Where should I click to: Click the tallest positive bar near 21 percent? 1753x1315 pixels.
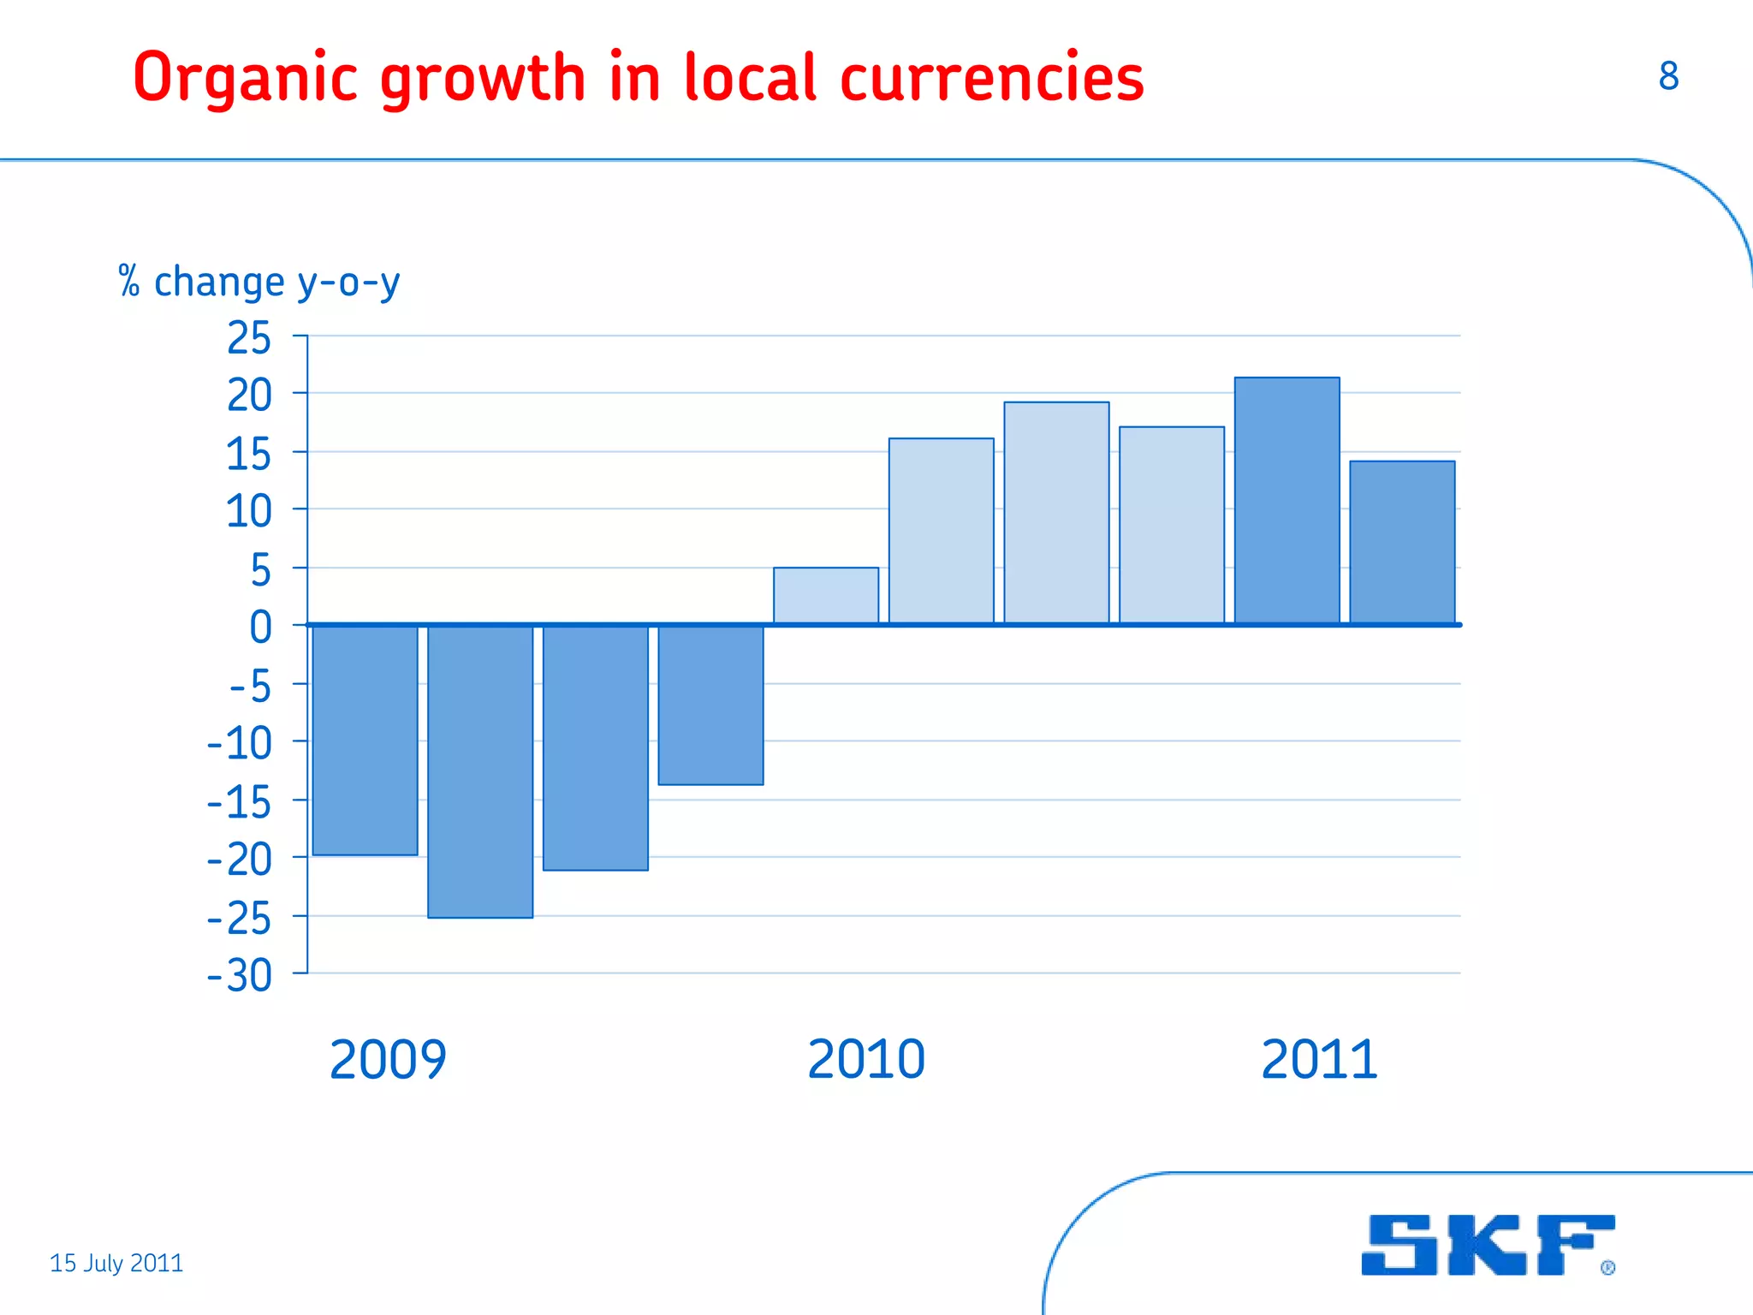click(1287, 501)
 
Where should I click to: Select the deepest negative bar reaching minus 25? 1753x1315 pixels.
click(480, 771)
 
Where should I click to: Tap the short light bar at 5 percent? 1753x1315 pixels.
click(826, 596)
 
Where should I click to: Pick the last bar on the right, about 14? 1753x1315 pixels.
click(1402, 543)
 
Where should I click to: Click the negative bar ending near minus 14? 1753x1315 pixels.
click(710, 705)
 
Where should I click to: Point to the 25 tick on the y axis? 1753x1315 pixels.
click(249, 338)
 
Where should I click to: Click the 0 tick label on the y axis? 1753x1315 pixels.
click(260, 627)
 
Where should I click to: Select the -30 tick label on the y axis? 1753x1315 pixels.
click(241, 975)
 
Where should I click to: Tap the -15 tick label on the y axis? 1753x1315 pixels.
click(241, 802)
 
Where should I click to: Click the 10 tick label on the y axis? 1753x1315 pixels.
click(249, 512)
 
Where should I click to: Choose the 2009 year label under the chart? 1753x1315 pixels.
click(388, 1060)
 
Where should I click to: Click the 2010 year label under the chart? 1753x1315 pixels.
click(866, 1060)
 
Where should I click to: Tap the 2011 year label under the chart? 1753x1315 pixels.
click(1319, 1060)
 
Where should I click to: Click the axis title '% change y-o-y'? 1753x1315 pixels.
click(259, 283)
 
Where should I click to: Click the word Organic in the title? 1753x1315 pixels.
click(245, 79)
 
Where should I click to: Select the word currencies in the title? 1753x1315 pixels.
click(992, 79)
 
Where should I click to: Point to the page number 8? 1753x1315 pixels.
click(1668, 76)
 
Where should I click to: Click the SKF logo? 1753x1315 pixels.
click(1488, 1245)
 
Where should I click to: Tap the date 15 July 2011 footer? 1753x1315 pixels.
click(116, 1263)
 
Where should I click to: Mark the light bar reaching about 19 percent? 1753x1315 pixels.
click(1056, 513)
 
